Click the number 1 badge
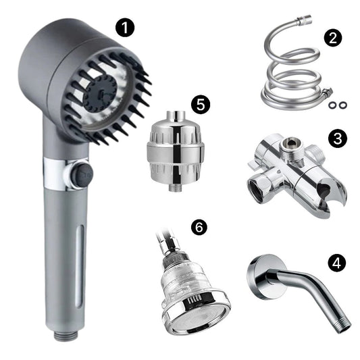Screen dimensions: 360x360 [x=125, y=28]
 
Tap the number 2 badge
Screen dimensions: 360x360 [x=333, y=38]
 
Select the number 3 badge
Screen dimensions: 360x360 [x=337, y=138]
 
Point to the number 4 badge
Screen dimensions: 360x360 [x=336, y=263]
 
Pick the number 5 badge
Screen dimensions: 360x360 [x=201, y=105]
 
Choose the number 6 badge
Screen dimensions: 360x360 [x=199, y=228]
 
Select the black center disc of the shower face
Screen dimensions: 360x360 [x=100, y=94]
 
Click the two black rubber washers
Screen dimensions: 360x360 [x=337, y=105]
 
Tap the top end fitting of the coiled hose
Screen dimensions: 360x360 [x=304, y=20]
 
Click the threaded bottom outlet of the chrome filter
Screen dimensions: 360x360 [x=175, y=188]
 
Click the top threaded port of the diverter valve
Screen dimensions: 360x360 [x=290, y=146]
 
